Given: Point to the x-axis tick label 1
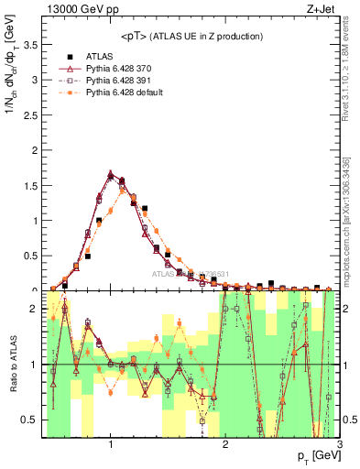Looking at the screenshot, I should click(110, 445).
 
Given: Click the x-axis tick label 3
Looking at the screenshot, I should click(339, 445).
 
